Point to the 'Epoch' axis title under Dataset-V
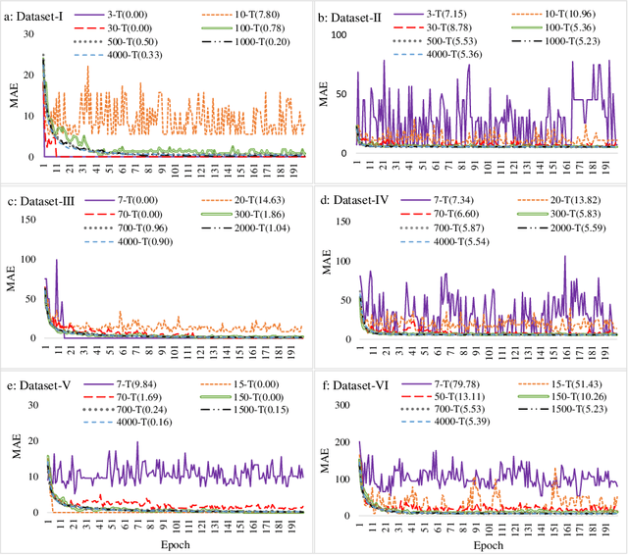162,544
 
